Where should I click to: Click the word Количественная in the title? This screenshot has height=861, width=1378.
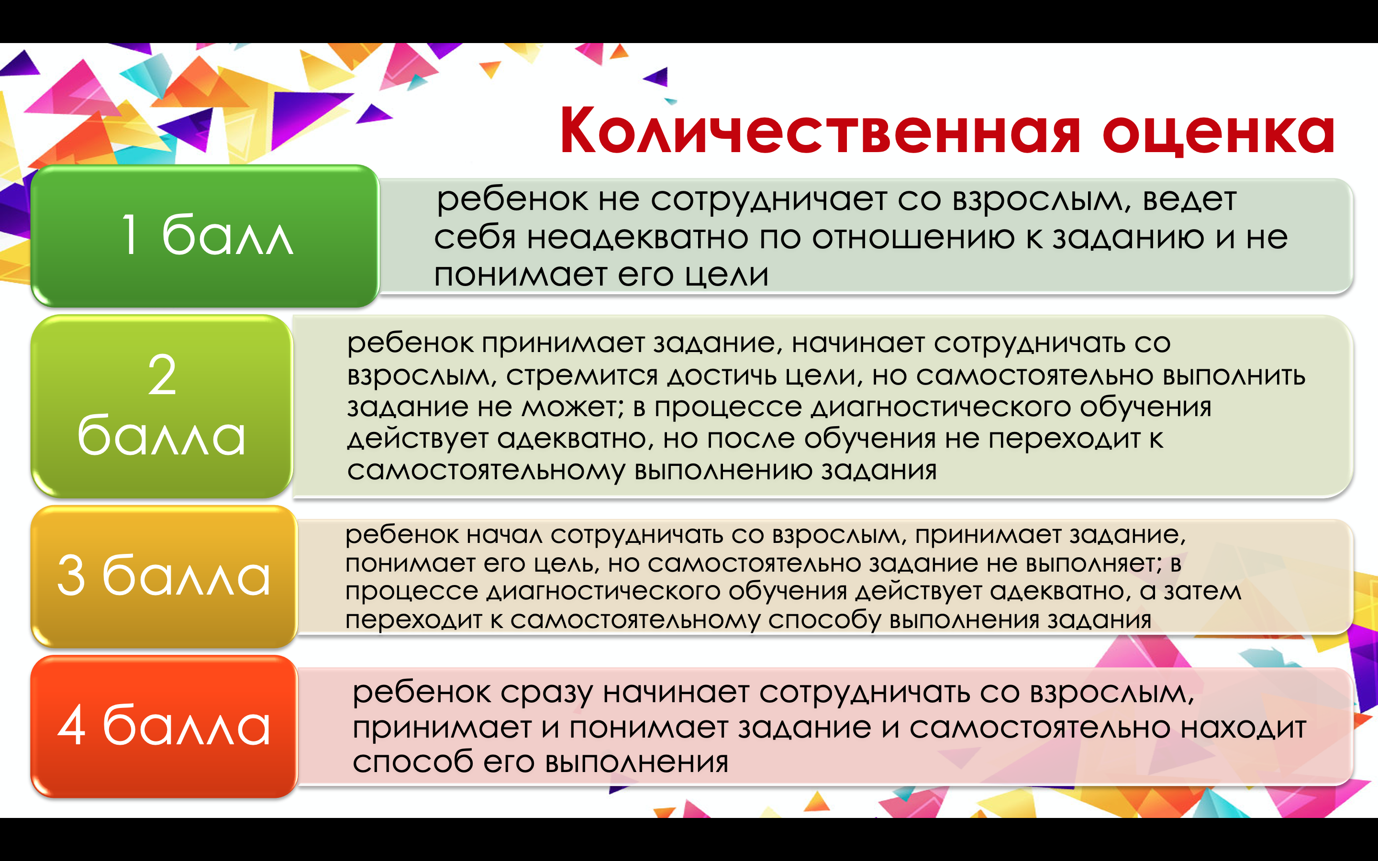point(820,131)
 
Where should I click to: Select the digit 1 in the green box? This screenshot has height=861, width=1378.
point(131,234)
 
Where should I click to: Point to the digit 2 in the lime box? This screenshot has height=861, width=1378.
point(162,374)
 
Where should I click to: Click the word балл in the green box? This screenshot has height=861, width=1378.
point(228,234)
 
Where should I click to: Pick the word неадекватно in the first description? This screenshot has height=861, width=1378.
point(637,237)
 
